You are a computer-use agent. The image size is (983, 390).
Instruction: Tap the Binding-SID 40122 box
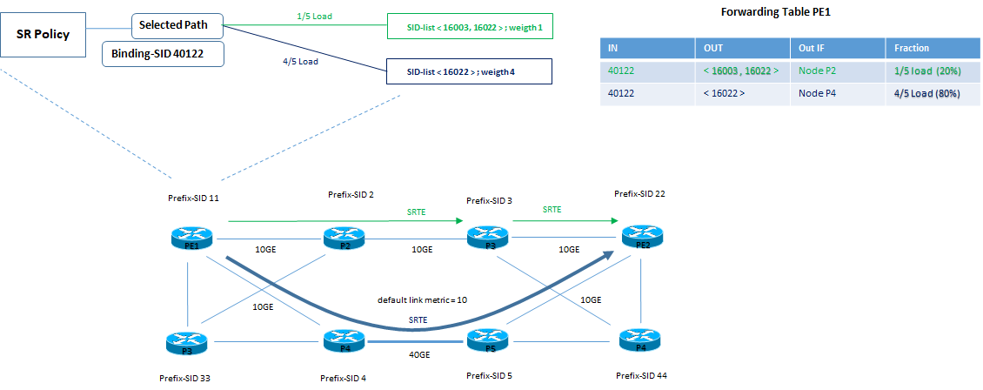click(x=164, y=54)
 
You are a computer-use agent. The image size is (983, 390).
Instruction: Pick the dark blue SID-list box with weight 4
click(x=468, y=71)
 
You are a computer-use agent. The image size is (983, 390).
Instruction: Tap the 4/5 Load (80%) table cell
click(x=925, y=93)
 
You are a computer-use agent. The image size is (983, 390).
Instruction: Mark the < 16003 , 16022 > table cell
click(x=739, y=71)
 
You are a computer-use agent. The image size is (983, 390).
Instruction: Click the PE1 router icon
click(x=191, y=237)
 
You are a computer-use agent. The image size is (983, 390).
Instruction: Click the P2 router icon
click(x=344, y=237)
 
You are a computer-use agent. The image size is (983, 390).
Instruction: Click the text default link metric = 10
click(x=422, y=299)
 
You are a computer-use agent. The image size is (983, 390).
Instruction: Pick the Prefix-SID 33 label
click(x=186, y=377)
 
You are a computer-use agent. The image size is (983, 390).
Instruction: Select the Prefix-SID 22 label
click(x=640, y=193)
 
